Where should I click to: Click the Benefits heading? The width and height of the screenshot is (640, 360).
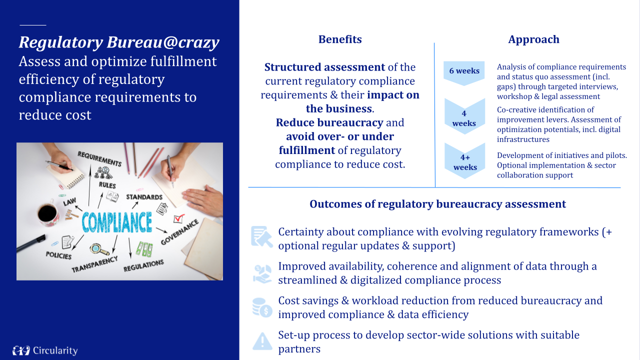coord(340,39)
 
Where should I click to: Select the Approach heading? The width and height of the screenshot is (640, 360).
coord(533,39)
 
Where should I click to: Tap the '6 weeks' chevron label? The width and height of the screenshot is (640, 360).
coord(464,71)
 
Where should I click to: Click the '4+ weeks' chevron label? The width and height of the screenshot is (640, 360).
coord(465,162)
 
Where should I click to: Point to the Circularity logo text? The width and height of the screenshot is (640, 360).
coord(55,350)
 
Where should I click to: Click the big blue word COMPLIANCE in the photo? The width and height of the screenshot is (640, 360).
coord(116,222)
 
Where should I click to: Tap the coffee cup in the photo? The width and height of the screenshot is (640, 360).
coord(47,213)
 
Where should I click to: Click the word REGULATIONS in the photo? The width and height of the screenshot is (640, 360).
coord(143,265)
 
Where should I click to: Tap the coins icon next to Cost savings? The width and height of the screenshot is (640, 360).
coord(262,307)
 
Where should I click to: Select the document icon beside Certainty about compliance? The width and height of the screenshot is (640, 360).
coord(262,237)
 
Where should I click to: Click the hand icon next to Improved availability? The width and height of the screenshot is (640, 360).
coord(262,273)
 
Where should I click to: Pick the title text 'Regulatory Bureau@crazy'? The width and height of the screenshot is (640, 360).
coord(119,42)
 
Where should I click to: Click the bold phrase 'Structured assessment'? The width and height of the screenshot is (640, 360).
coord(324,67)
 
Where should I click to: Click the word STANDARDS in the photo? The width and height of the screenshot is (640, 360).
coord(144,197)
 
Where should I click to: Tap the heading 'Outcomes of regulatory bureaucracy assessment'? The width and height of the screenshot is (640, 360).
coord(437,204)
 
